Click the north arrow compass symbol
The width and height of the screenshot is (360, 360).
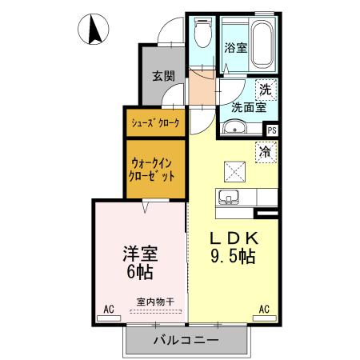click(x=93, y=30)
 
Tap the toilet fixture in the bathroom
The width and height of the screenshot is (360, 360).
click(x=203, y=35)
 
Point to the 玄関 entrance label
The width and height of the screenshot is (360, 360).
click(x=163, y=77)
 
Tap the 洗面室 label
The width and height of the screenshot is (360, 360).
click(x=248, y=106)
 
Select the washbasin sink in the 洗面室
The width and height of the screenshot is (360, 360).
click(x=234, y=127)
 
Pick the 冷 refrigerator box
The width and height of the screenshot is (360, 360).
click(x=264, y=150)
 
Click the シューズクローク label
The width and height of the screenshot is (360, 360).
click(x=155, y=123)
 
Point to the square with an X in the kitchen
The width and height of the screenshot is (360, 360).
click(x=235, y=170)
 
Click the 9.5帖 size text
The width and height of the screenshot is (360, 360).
click(x=234, y=258)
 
